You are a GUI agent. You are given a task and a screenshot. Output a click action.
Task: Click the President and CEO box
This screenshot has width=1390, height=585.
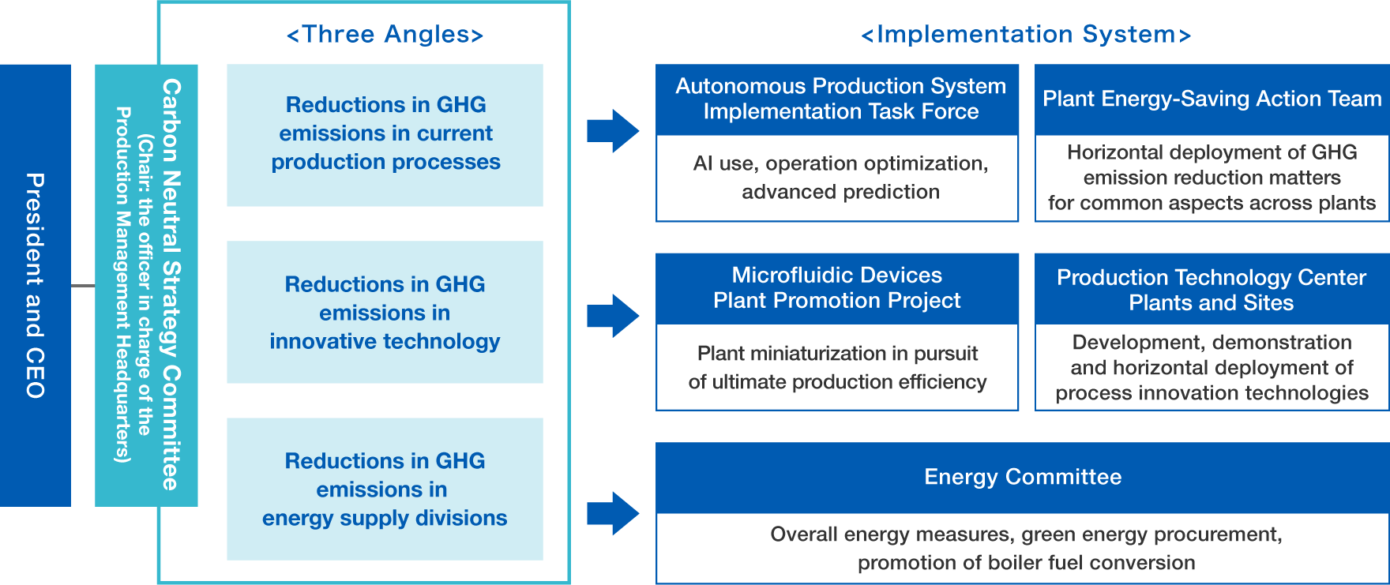coord(36,285)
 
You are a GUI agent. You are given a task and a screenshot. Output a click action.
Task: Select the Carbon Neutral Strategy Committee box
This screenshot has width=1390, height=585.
coord(146,285)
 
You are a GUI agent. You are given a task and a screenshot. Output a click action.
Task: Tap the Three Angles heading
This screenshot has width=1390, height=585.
coord(385,35)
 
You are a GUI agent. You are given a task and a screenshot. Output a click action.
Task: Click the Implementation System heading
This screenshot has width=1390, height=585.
coord(1026,35)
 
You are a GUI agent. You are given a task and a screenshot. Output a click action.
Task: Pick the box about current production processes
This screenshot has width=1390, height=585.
coord(385,135)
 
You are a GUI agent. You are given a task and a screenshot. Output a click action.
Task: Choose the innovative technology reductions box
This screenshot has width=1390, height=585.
coord(385,312)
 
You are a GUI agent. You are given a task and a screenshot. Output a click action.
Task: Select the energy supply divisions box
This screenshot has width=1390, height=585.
coord(385,489)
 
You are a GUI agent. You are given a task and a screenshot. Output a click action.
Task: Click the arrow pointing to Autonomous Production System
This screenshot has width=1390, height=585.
coord(613,130)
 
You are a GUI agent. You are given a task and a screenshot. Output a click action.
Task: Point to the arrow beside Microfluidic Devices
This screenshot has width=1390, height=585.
coord(613,316)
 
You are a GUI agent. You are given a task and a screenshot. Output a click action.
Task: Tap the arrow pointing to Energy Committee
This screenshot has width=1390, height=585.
coord(613,513)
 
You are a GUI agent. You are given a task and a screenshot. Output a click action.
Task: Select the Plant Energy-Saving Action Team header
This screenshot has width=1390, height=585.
coord(1212,99)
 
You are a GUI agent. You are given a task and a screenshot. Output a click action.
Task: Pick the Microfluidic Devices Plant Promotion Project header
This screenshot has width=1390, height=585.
coord(837,288)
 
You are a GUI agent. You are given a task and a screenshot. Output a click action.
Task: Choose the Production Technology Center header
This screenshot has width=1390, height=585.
coord(1212,290)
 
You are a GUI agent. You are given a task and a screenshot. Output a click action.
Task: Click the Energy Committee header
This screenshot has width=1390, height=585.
coord(1023,477)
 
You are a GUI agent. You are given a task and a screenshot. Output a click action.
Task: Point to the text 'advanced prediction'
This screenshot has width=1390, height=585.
coord(840,192)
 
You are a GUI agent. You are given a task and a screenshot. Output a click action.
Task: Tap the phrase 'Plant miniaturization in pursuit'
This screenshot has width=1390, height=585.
coord(837,353)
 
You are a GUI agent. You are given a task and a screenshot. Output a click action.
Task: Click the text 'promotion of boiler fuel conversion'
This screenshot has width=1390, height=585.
coord(1026,563)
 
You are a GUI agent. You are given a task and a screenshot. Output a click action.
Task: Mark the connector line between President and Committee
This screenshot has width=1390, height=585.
coord(83,285)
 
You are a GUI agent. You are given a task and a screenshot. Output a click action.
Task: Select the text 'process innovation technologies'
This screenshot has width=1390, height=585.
coord(1212,393)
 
